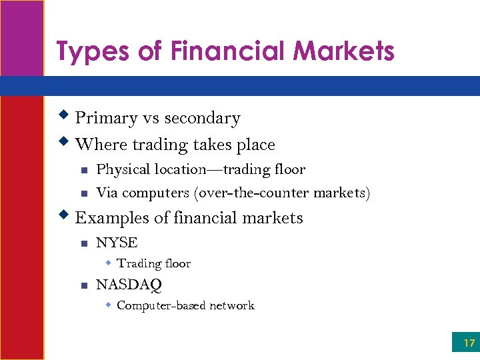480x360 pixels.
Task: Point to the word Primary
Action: point(105,118)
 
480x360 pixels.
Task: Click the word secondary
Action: point(202,119)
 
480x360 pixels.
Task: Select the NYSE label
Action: point(117,243)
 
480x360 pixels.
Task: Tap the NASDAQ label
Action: point(129,285)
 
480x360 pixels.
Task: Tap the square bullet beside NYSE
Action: point(84,243)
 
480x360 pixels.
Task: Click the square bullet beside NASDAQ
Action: point(84,285)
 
